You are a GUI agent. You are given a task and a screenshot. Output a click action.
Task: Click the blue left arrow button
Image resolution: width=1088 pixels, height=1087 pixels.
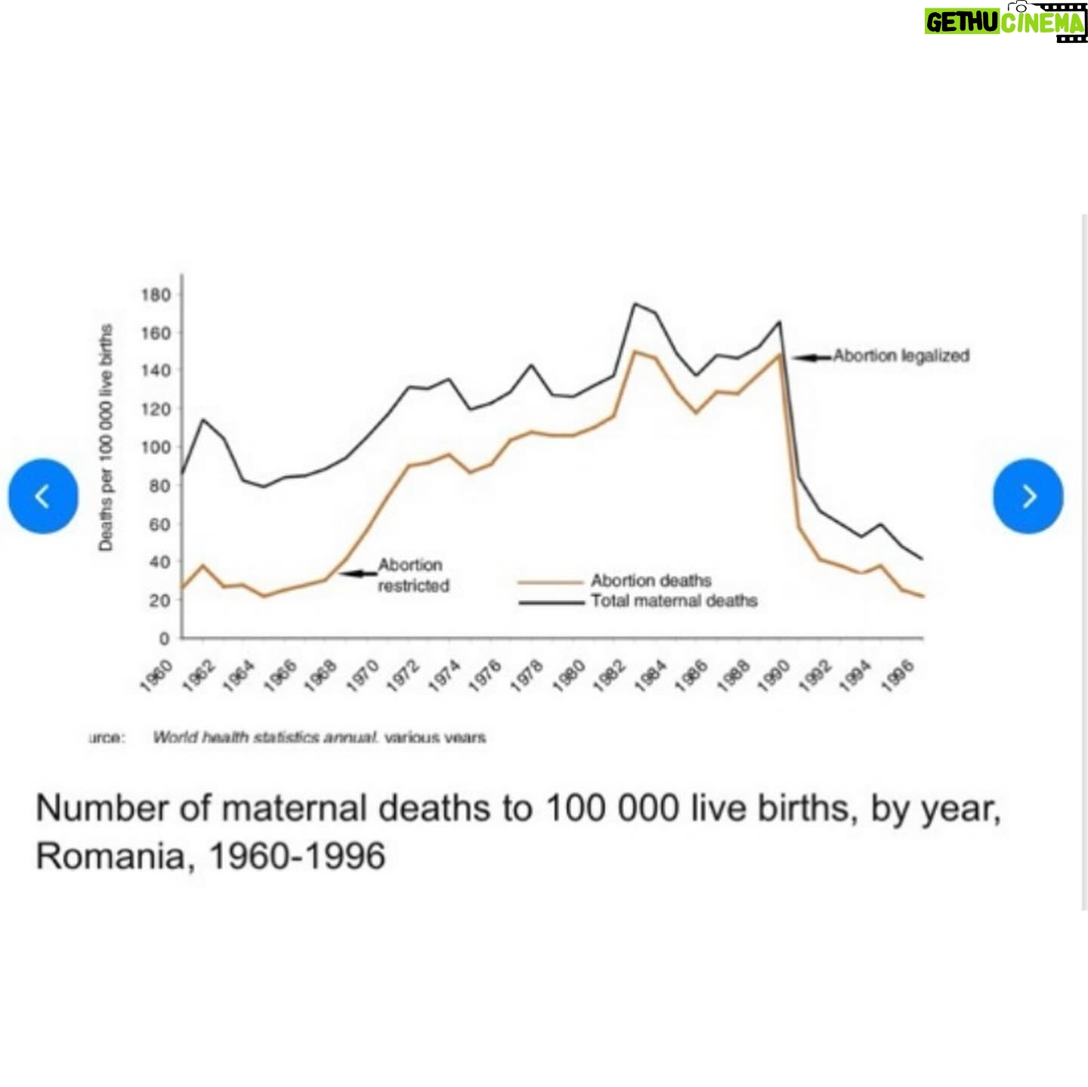coord(43,496)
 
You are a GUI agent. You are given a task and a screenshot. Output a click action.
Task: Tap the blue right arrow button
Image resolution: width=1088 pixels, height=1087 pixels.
coord(1028,496)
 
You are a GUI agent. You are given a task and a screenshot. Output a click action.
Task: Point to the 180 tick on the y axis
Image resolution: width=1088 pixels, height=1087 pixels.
coord(155,295)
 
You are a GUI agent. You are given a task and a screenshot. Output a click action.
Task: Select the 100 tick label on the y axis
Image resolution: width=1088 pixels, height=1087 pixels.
coord(155,447)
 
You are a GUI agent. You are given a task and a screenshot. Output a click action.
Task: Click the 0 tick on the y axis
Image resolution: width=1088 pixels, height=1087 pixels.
coord(164,638)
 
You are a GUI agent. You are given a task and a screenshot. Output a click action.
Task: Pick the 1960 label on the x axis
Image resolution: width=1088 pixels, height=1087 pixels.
coord(157,675)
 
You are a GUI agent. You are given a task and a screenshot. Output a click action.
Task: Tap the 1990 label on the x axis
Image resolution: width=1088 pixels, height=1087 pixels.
coord(772,675)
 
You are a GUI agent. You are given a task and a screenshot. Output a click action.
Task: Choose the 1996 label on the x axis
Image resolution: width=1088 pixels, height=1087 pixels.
coord(898,675)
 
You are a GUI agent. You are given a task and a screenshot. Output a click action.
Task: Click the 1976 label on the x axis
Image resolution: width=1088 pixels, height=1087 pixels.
coord(485,675)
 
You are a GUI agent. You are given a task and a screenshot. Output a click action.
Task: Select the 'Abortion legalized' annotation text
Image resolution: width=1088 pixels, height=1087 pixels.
coord(901,356)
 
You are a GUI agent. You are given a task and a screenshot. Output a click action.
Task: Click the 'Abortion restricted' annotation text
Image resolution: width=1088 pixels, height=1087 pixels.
coord(413,575)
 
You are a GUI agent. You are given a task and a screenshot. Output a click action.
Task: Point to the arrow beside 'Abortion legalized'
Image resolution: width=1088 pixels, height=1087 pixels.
coord(811,357)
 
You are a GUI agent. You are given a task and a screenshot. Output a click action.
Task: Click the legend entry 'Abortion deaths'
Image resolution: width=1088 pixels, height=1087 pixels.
coord(651,581)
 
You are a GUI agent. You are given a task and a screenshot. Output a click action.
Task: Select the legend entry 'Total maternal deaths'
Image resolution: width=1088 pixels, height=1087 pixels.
coord(674,601)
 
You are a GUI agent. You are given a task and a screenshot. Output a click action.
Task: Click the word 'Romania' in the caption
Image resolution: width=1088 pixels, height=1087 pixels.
coord(110,857)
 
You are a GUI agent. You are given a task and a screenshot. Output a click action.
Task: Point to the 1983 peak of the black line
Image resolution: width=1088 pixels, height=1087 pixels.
coord(634,304)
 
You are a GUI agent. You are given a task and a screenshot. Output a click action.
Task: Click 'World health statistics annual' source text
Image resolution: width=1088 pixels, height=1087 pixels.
coord(264,737)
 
